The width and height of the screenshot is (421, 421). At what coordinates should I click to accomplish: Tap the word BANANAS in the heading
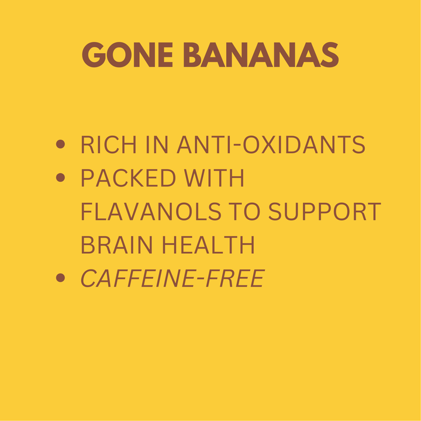pyautogui.click(x=260, y=56)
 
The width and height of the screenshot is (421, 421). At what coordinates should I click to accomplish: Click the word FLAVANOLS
pyautogui.click(x=150, y=212)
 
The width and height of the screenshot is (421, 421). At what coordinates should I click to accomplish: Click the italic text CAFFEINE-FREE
pyautogui.click(x=172, y=279)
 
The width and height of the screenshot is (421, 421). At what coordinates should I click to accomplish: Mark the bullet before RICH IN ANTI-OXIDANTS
pyautogui.click(x=60, y=145)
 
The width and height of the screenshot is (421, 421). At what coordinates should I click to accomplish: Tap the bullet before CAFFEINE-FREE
pyautogui.click(x=60, y=279)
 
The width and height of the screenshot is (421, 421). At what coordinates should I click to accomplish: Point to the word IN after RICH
pyautogui.click(x=154, y=145)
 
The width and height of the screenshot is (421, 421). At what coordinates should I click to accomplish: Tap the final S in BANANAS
pyautogui.click(x=331, y=56)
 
